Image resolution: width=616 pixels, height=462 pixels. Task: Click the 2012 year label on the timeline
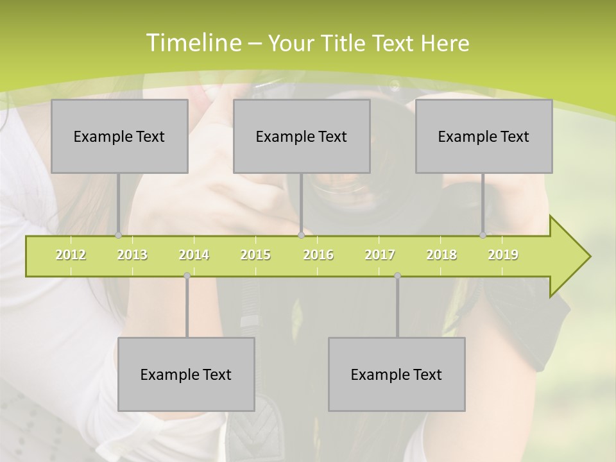(71, 255)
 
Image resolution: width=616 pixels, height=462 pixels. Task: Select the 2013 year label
(132, 255)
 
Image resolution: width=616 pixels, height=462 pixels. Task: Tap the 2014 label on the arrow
(194, 255)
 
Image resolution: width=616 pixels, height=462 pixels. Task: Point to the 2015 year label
(255, 255)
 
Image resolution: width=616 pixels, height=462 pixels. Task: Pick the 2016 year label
(318, 255)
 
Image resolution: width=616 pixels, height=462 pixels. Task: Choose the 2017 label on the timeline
(380, 255)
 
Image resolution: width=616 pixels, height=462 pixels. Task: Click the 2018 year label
(441, 255)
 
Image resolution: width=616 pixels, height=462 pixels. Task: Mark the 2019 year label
(503, 255)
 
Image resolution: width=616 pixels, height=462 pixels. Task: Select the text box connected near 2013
(119, 136)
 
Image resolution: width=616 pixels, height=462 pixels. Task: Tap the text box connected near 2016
(302, 136)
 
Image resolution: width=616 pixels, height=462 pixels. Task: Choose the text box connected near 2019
(484, 136)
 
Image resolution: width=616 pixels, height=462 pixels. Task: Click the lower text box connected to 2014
(186, 374)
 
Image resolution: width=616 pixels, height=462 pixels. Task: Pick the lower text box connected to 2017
(397, 374)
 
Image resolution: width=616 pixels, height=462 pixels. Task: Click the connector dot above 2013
(118, 235)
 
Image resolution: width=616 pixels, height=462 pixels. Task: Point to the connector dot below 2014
(187, 276)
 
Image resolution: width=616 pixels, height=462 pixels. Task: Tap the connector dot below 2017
(397, 276)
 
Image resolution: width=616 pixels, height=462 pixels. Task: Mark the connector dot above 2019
(483, 235)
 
